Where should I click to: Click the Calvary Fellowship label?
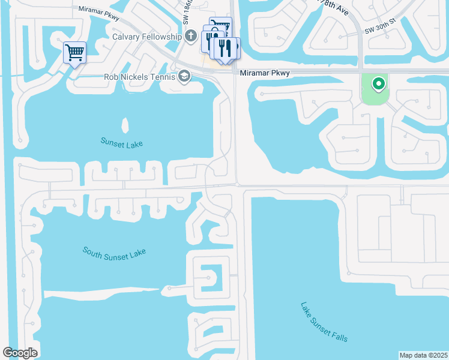(147, 37)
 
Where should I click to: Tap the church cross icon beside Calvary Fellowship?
(191, 37)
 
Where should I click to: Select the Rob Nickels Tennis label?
(139, 77)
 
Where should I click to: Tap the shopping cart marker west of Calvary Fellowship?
(74, 52)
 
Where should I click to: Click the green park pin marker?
(378, 84)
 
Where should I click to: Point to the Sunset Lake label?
(122, 143)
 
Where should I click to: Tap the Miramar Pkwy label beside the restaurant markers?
(264, 73)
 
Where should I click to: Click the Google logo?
(20, 353)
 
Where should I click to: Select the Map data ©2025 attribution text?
(423, 355)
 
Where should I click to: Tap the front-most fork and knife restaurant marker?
(224, 49)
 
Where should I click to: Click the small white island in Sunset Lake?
(125, 125)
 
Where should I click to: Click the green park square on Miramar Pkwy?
(375, 89)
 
